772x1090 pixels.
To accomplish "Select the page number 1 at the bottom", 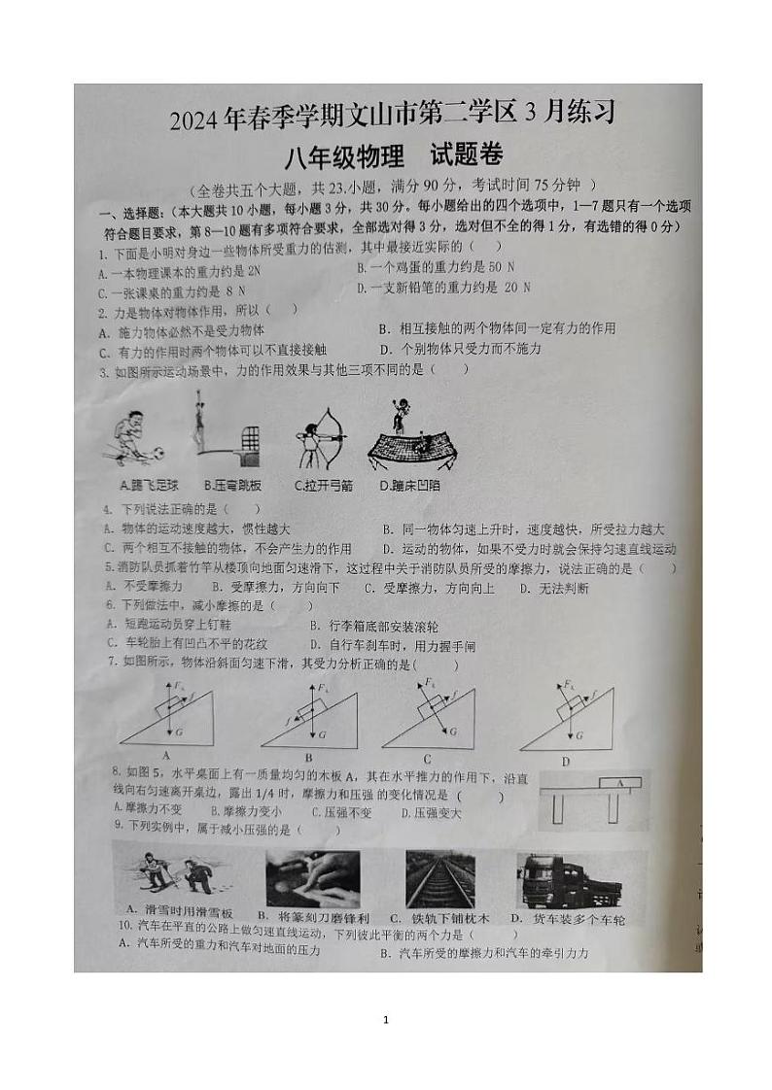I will pos(386,1019).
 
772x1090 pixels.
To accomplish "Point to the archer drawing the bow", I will pos(324,440).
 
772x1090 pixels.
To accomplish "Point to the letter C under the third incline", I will pos(427,759).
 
